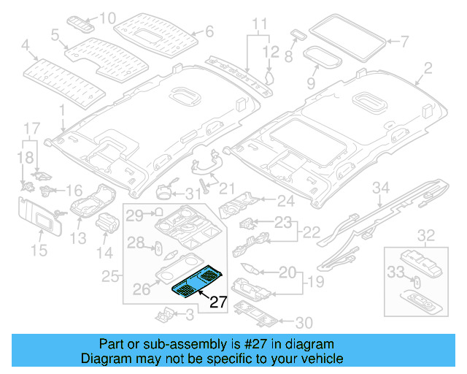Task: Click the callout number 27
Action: click(219, 302)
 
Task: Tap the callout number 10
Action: click(107, 18)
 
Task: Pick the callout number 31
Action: click(191, 194)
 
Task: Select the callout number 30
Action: click(305, 322)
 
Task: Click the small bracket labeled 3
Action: click(165, 314)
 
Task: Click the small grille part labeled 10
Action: click(82, 20)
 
